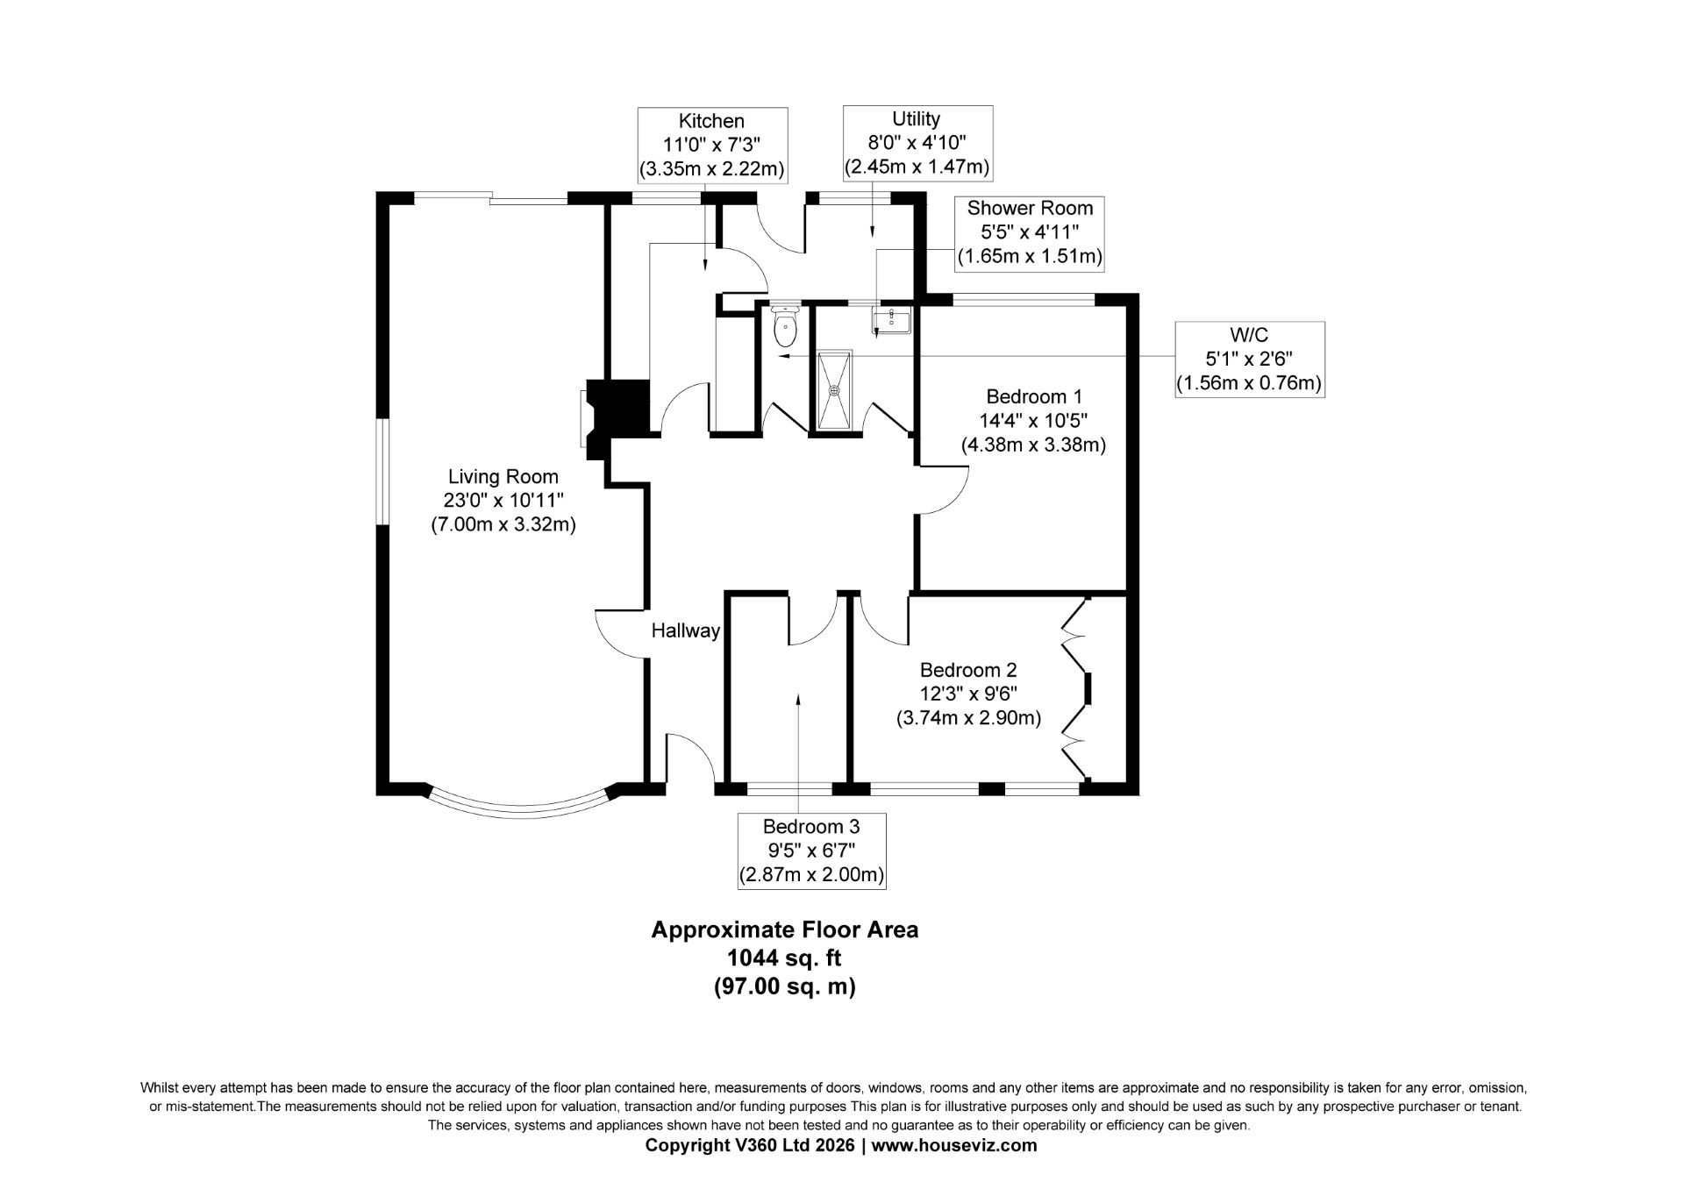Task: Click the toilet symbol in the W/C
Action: [785, 325]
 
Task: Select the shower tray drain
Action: [834, 390]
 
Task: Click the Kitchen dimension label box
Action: [712, 145]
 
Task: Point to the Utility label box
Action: [917, 143]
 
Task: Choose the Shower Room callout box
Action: [1030, 232]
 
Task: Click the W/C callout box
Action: [1250, 360]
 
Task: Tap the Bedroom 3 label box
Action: [811, 851]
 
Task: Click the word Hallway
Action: [686, 630]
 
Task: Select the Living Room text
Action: [503, 477]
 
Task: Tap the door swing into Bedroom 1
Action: [943, 491]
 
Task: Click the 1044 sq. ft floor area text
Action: [785, 958]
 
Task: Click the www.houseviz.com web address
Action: [954, 1145]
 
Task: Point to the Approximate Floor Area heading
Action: [785, 929]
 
